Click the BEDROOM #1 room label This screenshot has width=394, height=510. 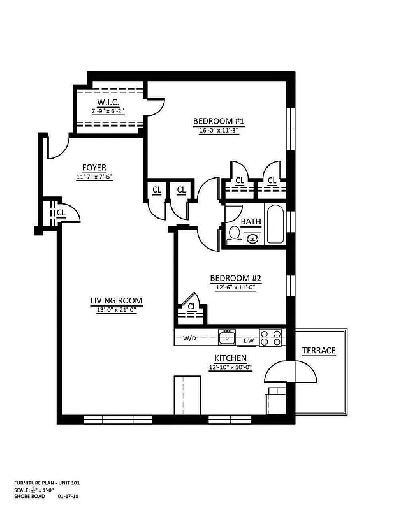219,121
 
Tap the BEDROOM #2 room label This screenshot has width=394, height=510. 237,278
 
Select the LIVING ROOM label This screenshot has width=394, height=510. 116,301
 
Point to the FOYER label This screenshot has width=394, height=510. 94,168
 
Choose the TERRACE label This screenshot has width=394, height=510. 318,351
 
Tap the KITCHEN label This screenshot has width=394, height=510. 230,359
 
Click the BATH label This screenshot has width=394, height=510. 251,222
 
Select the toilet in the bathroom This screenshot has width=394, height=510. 234,235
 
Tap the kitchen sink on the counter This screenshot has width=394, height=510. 227,337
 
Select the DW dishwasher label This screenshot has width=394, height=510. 249,340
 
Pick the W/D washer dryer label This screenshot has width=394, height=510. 189,339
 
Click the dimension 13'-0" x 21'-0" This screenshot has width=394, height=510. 116,310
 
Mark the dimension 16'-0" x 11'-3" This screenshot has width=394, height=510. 219,130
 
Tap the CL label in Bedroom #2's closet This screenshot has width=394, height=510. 192,307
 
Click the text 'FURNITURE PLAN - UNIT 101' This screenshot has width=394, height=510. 47,483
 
